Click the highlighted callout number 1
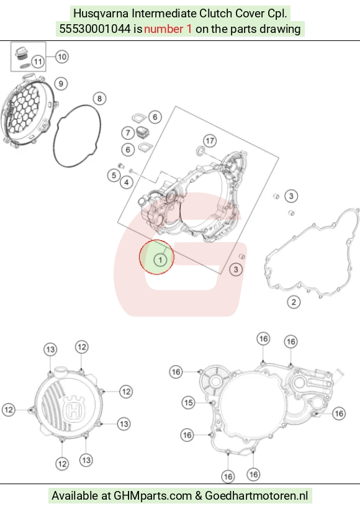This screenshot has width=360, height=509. tap(160, 259)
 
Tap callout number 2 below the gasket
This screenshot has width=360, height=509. tap(294, 302)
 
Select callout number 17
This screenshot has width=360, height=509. tap(210, 140)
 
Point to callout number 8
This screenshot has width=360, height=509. tap(100, 98)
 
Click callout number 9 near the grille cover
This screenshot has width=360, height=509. tap(61, 84)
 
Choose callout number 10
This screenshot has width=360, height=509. tap(61, 57)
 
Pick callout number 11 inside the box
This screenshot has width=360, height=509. tap(38, 61)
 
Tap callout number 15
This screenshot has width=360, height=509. tap(188, 403)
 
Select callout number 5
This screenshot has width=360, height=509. tap(114, 175)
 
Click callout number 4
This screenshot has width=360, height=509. tap(127, 182)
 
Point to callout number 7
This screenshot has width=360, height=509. tap(128, 133)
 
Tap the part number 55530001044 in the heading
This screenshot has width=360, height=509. tap(95, 29)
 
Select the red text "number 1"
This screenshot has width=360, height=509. tap(168, 29)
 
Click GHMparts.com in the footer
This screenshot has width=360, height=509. tap(153, 496)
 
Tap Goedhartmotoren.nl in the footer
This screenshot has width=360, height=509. tap(256, 496)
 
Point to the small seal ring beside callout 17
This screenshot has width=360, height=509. tap(201, 151)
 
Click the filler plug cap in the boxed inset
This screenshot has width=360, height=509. tap(22, 52)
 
